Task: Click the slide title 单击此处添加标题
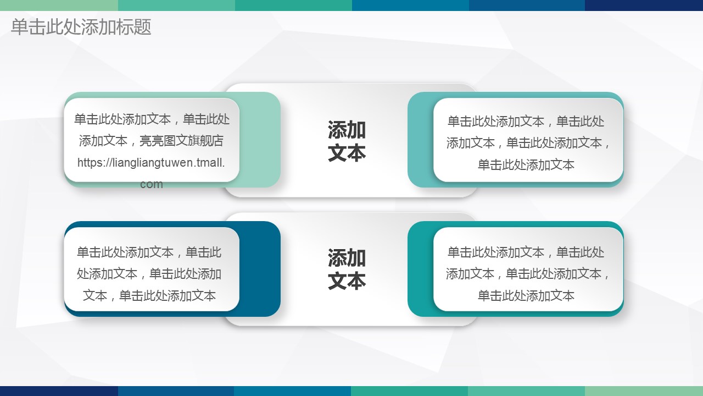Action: point(81,27)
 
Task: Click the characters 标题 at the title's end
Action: point(133,27)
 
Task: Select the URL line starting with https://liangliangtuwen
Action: point(151,162)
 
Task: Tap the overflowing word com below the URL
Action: point(151,184)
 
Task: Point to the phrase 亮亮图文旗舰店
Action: point(181,141)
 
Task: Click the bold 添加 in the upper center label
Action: point(347,129)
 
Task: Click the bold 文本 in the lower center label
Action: point(347,280)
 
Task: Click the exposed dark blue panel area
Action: point(260,269)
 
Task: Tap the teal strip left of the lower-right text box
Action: point(421,269)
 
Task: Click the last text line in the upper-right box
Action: point(526,164)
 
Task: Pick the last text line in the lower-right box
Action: point(526,295)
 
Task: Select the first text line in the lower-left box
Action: point(149,252)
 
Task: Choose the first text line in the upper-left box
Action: point(152,119)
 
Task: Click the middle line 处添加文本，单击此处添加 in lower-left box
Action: point(149,274)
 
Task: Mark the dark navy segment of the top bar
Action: point(644,5)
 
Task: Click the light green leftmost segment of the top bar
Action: point(59,5)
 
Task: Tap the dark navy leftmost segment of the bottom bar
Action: point(59,391)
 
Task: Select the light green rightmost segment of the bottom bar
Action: point(644,391)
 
